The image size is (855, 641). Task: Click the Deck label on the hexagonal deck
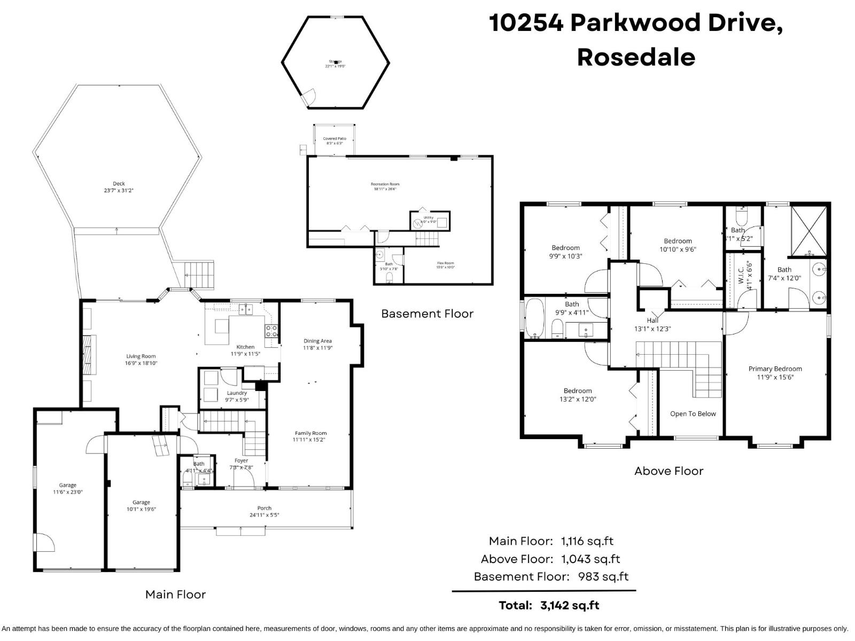119,184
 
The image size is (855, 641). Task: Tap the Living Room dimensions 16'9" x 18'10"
141,363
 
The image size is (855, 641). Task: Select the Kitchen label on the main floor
245,347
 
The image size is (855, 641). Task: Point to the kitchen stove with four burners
271,331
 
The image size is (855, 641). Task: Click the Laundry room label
237,393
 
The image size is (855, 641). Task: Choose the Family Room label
310,433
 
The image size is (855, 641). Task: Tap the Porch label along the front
265,508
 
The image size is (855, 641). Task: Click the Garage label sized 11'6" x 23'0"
68,486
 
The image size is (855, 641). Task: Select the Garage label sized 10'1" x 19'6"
141,502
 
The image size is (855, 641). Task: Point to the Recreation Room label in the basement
385,184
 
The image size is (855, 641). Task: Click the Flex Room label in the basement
445,263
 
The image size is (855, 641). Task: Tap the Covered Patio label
335,139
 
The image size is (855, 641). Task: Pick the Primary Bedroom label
775,369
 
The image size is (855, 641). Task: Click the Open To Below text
693,413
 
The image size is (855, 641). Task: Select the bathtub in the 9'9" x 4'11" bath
534,319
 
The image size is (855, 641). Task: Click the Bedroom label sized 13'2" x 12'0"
578,391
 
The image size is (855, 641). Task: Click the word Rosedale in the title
636,57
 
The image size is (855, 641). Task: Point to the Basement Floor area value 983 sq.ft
603,576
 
